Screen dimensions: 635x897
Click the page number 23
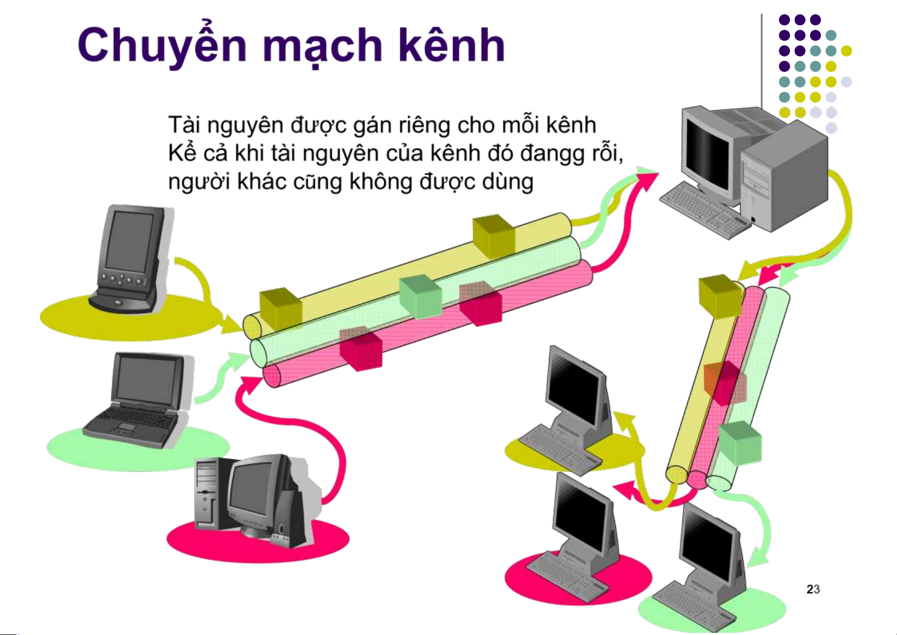pyautogui.click(x=812, y=589)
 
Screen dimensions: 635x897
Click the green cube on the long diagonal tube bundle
pyautogui.click(x=420, y=296)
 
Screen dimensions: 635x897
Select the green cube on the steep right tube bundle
pyautogui.click(x=740, y=442)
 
